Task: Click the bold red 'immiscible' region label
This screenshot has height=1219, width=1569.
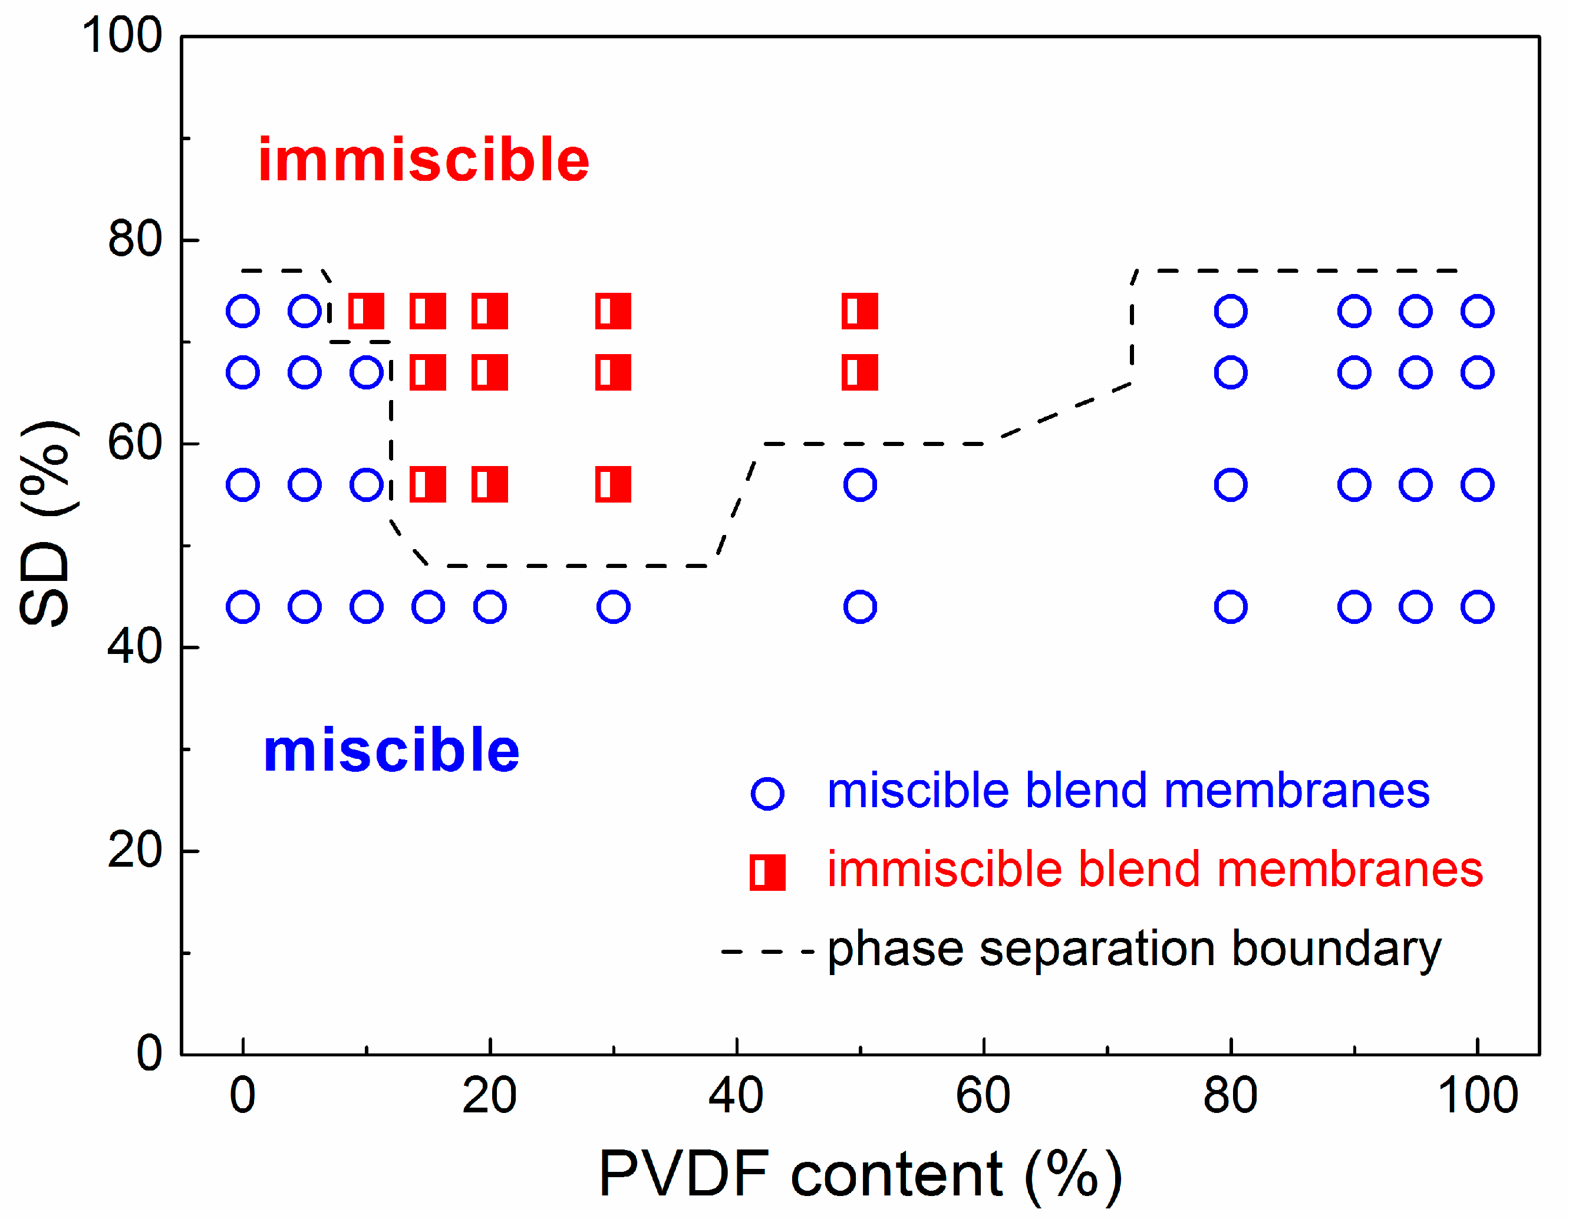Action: click(x=423, y=160)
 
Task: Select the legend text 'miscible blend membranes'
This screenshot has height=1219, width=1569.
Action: click(x=1128, y=791)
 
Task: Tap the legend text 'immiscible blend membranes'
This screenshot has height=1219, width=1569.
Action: click(x=1155, y=870)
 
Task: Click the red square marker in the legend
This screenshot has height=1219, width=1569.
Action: click(x=767, y=872)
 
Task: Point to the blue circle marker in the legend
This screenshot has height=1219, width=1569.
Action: click(x=767, y=793)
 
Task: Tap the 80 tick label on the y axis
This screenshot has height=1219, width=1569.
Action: click(x=134, y=239)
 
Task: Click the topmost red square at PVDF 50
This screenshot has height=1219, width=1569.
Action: click(x=860, y=311)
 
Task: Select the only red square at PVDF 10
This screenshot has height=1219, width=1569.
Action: click(x=367, y=311)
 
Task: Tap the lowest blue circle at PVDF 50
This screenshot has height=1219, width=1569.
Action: click(x=860, y=607)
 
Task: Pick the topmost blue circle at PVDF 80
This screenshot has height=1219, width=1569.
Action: click(x=1231, y=311)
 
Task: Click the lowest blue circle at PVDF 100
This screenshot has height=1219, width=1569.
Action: click(x=1478, y=607)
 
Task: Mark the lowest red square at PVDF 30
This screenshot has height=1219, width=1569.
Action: click(x=613, y=484)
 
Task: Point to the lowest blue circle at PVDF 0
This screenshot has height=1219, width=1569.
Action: click(x=243, y=607)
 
